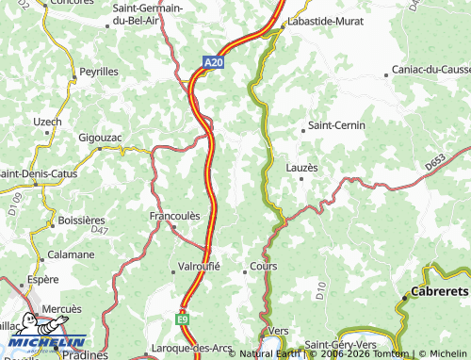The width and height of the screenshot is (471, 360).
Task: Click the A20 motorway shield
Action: coord(214,63)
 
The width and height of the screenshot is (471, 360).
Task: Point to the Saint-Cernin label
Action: coord(333,125)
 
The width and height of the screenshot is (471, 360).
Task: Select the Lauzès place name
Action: coord(301,168)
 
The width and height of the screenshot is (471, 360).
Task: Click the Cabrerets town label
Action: coord(440,293)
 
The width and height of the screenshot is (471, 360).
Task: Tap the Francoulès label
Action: coord(175,216)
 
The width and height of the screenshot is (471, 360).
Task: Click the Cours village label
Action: coord(263,268)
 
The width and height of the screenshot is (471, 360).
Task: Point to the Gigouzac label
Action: coord(100,138)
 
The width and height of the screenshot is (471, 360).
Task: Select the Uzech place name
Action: coord(47,122)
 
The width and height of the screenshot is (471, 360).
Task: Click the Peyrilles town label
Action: coord(100,72)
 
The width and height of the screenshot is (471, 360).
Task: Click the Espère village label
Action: coord(43,280)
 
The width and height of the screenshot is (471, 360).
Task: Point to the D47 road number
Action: coord(98,230)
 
